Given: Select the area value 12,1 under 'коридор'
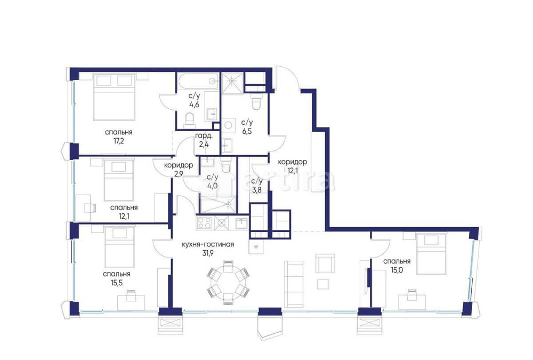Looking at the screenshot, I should (293, 171).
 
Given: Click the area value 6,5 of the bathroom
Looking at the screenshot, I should (247, 130).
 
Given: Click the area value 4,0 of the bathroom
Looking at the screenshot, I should (212, 186).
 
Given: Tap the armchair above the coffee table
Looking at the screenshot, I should (325, 263).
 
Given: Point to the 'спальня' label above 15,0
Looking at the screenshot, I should (397, 261).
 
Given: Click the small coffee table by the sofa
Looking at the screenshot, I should (323, 283).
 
